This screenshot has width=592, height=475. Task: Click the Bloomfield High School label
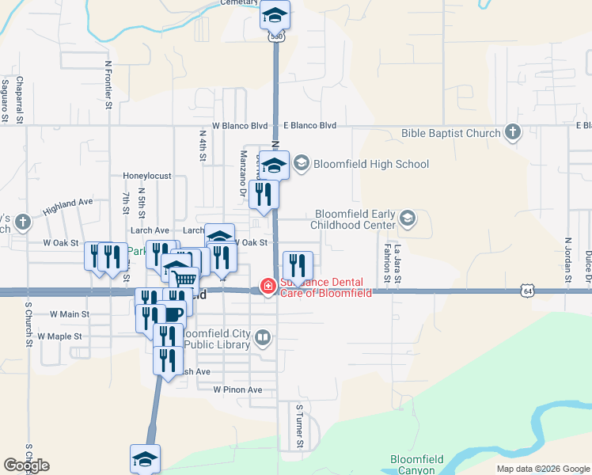coord(371,164)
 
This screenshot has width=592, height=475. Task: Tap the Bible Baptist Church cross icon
coord(513,132)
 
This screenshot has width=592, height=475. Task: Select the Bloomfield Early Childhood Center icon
coord(408,218)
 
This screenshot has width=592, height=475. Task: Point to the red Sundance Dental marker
coord(268,287)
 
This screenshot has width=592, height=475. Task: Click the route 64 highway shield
coord(527,290)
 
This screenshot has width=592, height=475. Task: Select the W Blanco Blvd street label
coord(240,126)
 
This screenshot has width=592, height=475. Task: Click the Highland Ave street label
coord(68,207)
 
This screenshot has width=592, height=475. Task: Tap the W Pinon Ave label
coord(237,389)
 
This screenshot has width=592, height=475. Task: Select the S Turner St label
coord(299,426)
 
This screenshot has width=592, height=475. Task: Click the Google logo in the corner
coord(26,465)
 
